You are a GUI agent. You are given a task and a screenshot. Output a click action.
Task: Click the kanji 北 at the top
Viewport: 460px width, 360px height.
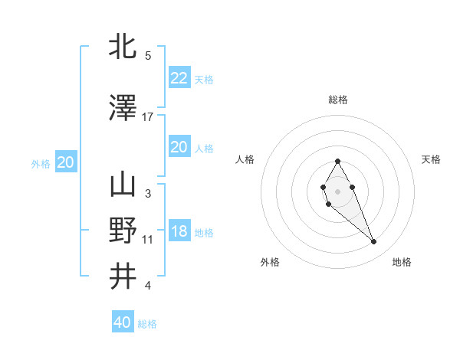(x=123, y=47)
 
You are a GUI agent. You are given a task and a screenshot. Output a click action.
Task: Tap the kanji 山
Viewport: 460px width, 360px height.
(x=123, y=185)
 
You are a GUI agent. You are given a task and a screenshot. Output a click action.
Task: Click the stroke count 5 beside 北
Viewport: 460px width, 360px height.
(x=148, y=55)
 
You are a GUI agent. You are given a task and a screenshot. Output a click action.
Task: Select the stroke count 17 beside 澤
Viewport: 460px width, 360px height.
(x=148, y=116)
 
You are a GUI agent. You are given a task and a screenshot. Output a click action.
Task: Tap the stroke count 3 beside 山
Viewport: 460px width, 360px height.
(x=148, y=193)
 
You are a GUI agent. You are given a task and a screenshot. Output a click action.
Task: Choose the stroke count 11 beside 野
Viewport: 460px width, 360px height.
(x=148, y=240)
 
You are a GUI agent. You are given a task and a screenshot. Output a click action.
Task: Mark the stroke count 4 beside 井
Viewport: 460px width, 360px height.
(x=148, y=286)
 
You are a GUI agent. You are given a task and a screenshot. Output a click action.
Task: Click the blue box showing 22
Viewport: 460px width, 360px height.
(x=179, y=78)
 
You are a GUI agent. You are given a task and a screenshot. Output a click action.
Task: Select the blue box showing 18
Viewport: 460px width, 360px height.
(x=179, y=232)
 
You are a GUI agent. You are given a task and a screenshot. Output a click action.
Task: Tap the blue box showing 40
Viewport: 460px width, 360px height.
(x=123, y=322)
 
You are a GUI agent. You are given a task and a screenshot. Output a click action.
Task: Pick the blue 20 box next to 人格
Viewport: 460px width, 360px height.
(x=179, y=147)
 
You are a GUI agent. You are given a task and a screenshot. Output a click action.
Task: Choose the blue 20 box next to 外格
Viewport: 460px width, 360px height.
(x=66, y=162)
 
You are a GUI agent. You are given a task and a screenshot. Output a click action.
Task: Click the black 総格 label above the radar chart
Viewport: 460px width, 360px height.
(x=338, y=100)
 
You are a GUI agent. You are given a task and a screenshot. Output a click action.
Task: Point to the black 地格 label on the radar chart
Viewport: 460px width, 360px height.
(x=402, y=262)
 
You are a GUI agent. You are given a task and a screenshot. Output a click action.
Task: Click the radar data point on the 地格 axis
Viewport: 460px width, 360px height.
(x=374, y=242)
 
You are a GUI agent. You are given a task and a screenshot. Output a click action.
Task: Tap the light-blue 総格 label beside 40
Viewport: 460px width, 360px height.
(x=147, y=324)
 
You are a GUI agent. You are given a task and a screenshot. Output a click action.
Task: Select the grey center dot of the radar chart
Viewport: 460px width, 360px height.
(x=338, y=191)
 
